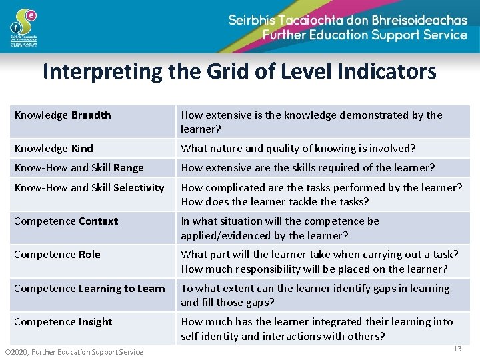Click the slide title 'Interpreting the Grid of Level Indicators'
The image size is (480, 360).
pyautogui.click(x=239, y=71)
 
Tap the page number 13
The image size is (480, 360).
pyautogui.click(x=457, y=349)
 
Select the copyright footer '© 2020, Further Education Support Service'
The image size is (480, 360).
pyautogui.click(x=74, y=351)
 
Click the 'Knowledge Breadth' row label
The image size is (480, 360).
pyautogui.click(x=63, y=115)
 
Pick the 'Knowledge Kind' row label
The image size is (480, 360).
pyautogui.click(x=53, y=148)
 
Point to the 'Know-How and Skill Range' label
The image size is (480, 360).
pyautogui.click(x=79, y=167)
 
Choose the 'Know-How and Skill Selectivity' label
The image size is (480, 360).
pyautogui.click(x=89, y=187)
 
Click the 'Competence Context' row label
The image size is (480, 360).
pyautogui.click(x=66, y=221)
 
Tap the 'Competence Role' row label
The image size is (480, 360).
pyautogui.click(x=57, y=254)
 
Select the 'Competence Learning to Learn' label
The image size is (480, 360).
pyautogui.click(x=89, y=288)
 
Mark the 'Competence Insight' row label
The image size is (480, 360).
pyautogui.click(x=63, y=321)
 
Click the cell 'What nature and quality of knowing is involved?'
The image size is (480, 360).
pyautogui.click(x=298, y=148)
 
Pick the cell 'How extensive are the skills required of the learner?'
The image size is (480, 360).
pyautogui.click(x=308, y=167)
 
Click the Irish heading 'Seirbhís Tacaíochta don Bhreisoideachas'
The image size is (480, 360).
pyautogui.click(x=347, y=19)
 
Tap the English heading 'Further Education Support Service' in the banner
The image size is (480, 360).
pyautogui.click(x=365, y=35)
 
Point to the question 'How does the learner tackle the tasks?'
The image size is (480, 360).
pyautogui.click(x=275, y=201)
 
